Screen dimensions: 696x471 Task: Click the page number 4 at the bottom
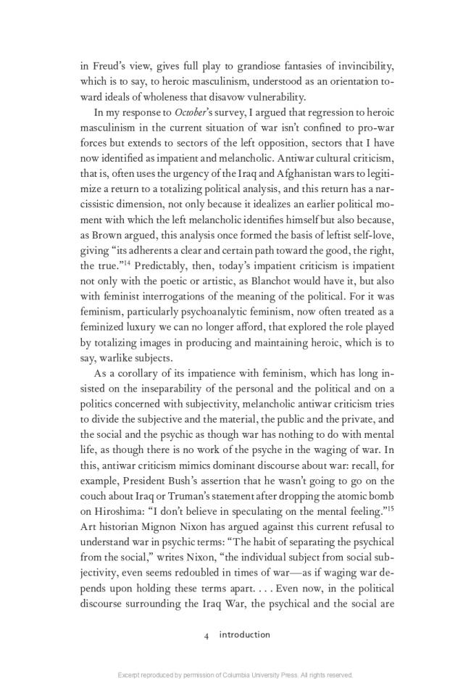(x=207, y=634)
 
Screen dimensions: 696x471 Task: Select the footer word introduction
(x=244, y=634)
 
